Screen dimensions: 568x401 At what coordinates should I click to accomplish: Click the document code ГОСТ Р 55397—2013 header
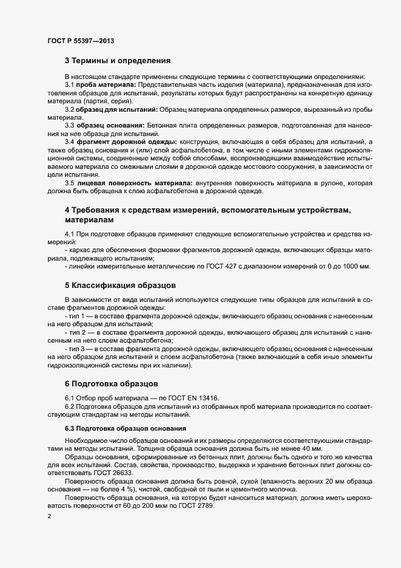pos(80,41)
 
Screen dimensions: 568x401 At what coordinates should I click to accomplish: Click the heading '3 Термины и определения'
pos(118,61)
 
